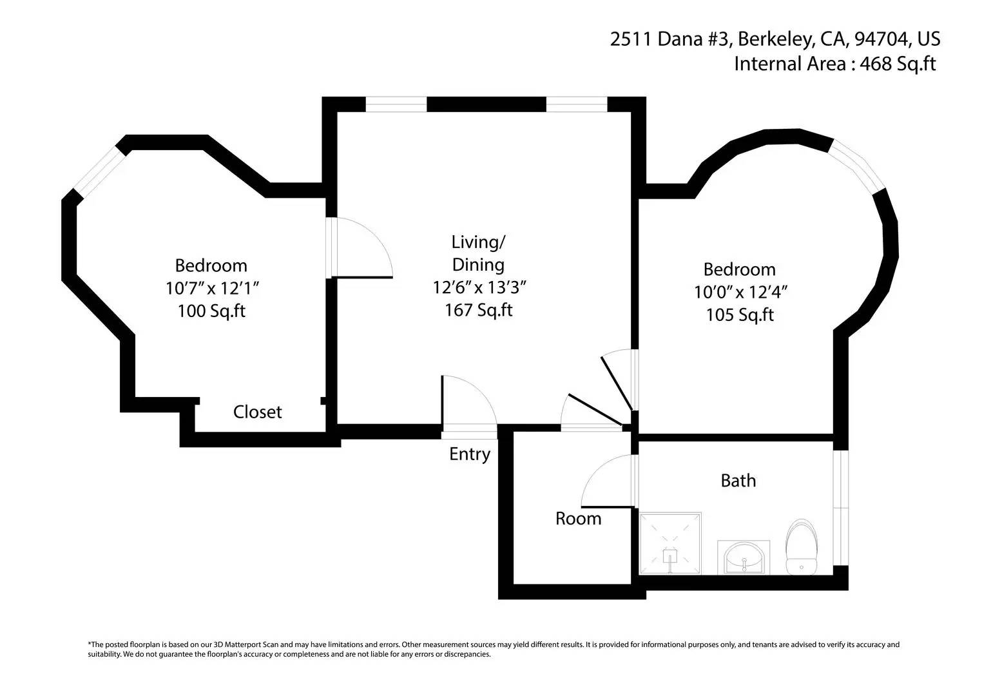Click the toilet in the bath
801,547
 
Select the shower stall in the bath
670,543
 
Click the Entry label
470,454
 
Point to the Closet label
257,412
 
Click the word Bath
738,481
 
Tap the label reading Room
578,519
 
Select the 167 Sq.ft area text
478,310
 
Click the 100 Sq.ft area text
211,311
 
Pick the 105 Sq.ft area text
740,315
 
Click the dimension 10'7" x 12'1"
212,288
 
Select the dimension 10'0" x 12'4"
740,292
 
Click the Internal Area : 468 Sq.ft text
834,64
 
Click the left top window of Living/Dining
396,104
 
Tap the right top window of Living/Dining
577,104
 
